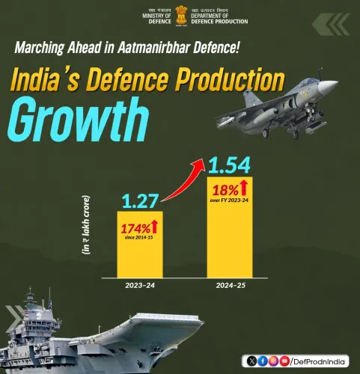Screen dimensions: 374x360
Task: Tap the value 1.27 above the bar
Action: [139, 200]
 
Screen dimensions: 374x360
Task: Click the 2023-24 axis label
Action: [140, 285]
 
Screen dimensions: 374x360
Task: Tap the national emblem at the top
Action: [180, 16]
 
